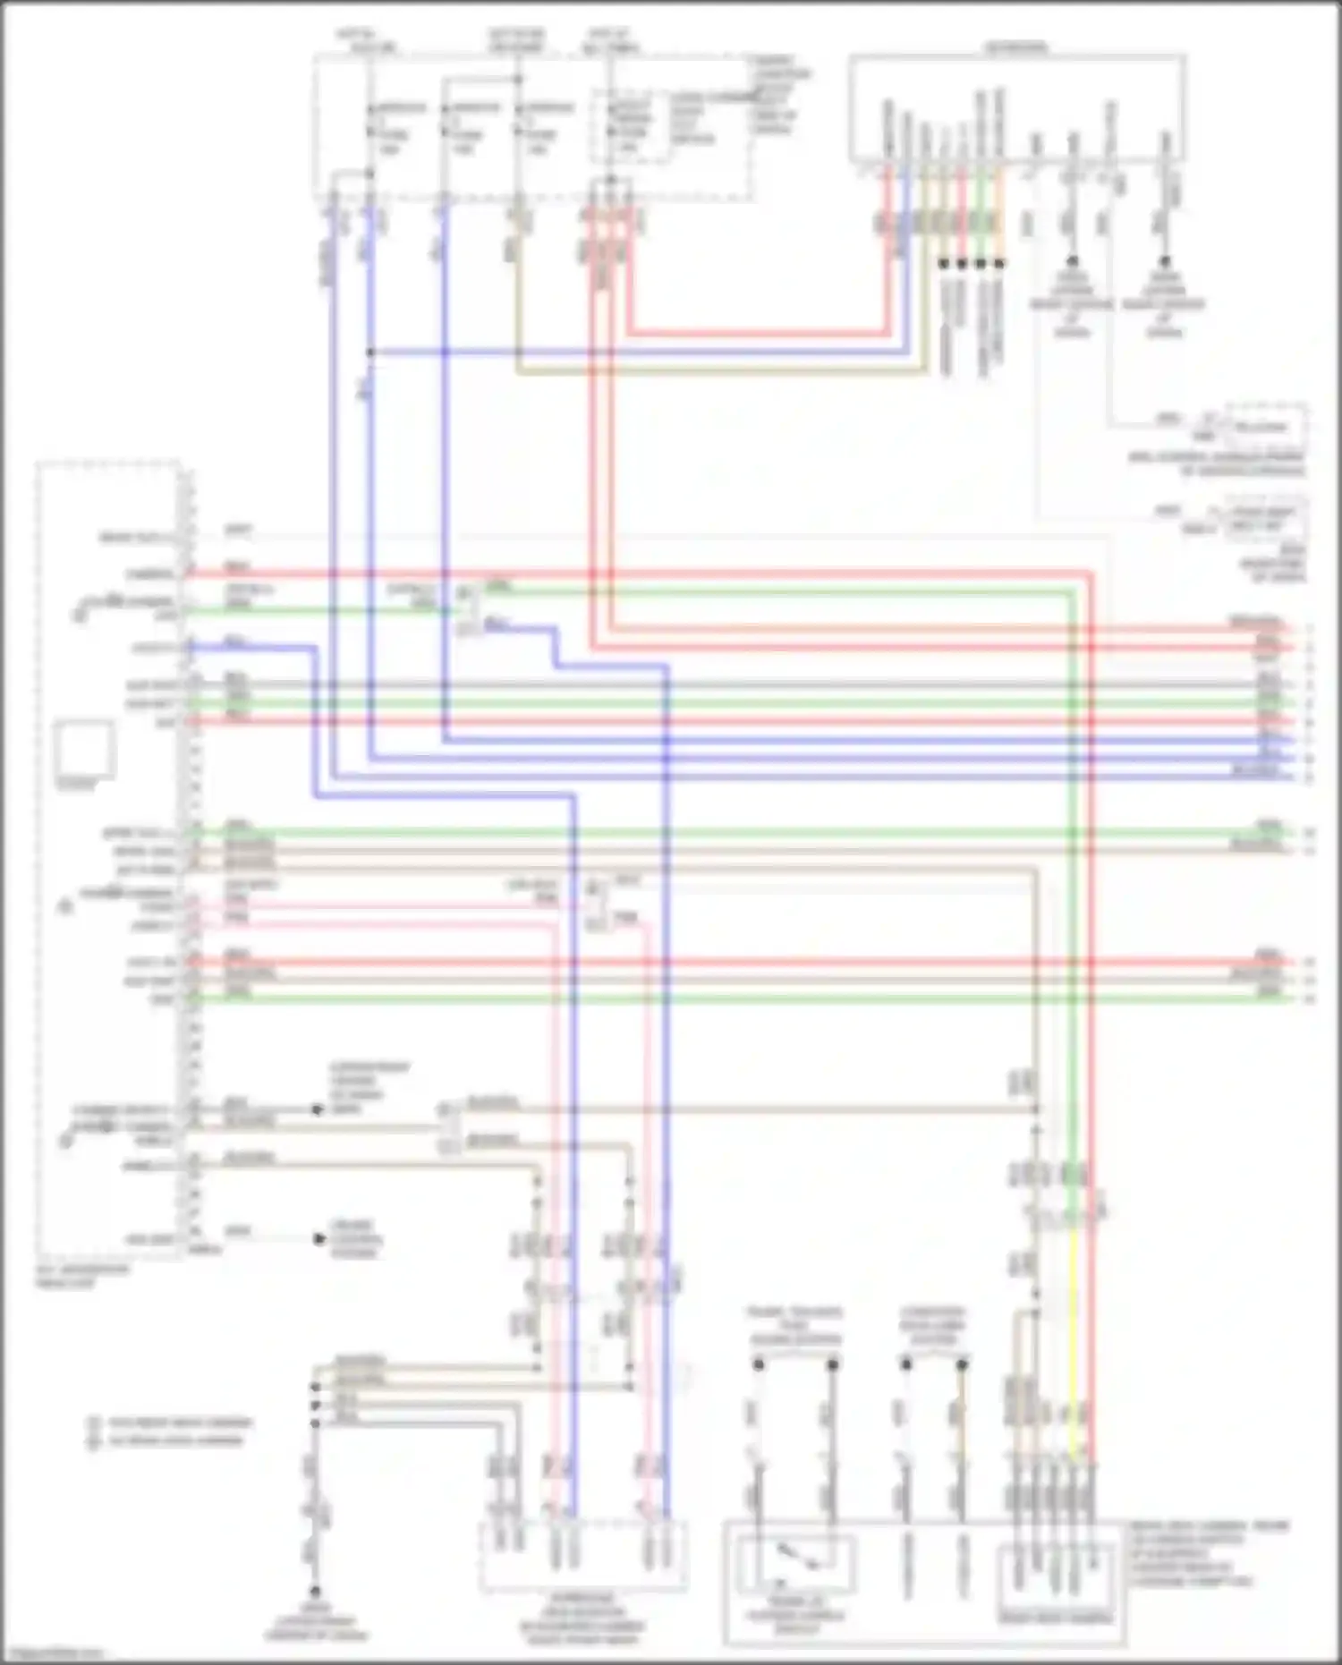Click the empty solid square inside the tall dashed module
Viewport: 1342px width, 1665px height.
tap(84, 748)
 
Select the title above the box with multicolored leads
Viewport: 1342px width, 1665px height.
tap(1017, 46)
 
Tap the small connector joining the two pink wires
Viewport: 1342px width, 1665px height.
tap(594, 904)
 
